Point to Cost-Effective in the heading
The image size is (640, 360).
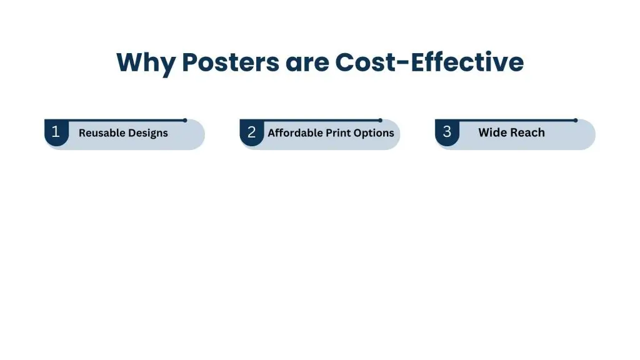point(430,63)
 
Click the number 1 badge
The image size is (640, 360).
point(56,132)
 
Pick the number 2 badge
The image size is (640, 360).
point(251,132)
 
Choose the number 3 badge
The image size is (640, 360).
point(447,132)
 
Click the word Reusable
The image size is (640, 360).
point(101,133)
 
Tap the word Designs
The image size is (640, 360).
point(147,133)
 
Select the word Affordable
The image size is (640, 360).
point(295,133)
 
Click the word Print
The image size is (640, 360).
point(339,133)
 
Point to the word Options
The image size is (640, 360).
point(375,133)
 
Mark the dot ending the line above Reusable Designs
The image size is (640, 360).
point(185,120)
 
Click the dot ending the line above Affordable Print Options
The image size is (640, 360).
point(380,120)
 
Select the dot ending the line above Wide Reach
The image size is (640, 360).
point(576,120)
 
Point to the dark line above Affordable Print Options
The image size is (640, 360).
point(312,120)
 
